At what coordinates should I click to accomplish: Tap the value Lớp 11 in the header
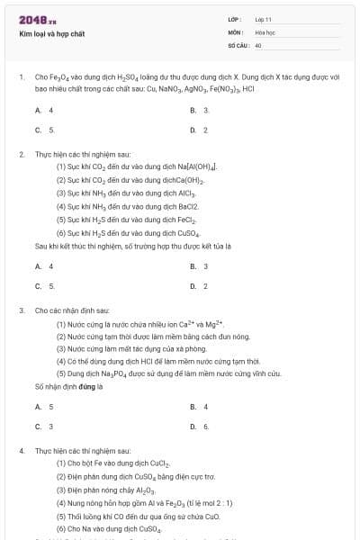[x=263, y=19]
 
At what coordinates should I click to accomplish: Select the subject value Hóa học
[x=265, y=31]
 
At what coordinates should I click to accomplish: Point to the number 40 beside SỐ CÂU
[x=258, y=44]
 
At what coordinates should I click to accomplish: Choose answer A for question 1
[x=44, y=110]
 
